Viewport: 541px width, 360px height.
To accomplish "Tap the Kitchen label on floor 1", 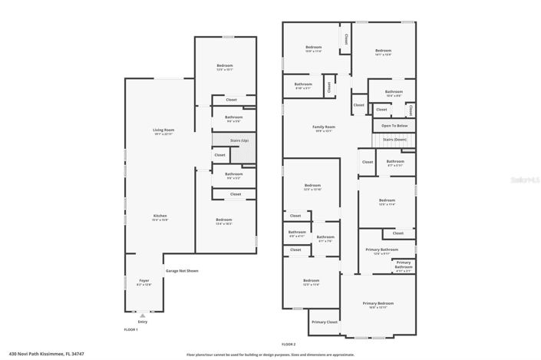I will click(160, 217).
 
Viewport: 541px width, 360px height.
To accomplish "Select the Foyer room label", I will click(143, 282).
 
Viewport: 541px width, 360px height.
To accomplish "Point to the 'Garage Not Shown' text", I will click(182, 271).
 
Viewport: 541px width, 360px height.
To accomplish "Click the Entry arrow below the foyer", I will click(142, 315).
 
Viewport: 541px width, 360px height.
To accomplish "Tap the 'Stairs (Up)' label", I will click(239, 141).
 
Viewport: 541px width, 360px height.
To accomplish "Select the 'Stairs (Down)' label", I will click(394, 140).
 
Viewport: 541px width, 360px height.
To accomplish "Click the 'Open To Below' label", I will click(394, 126).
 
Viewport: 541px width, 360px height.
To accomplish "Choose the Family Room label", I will click(323, 128).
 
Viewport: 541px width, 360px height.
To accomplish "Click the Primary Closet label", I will click(325, 322).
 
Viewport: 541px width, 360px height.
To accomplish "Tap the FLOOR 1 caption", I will click(130, 329).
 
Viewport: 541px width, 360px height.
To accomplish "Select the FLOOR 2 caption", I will click(288, 345).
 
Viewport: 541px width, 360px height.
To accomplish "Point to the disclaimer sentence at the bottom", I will click(270, 355).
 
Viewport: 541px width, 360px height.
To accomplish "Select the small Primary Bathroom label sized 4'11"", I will click(404, 266).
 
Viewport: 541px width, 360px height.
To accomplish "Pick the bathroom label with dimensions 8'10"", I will click(303, 86).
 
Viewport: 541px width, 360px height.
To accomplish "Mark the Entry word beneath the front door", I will click(142, 322).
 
